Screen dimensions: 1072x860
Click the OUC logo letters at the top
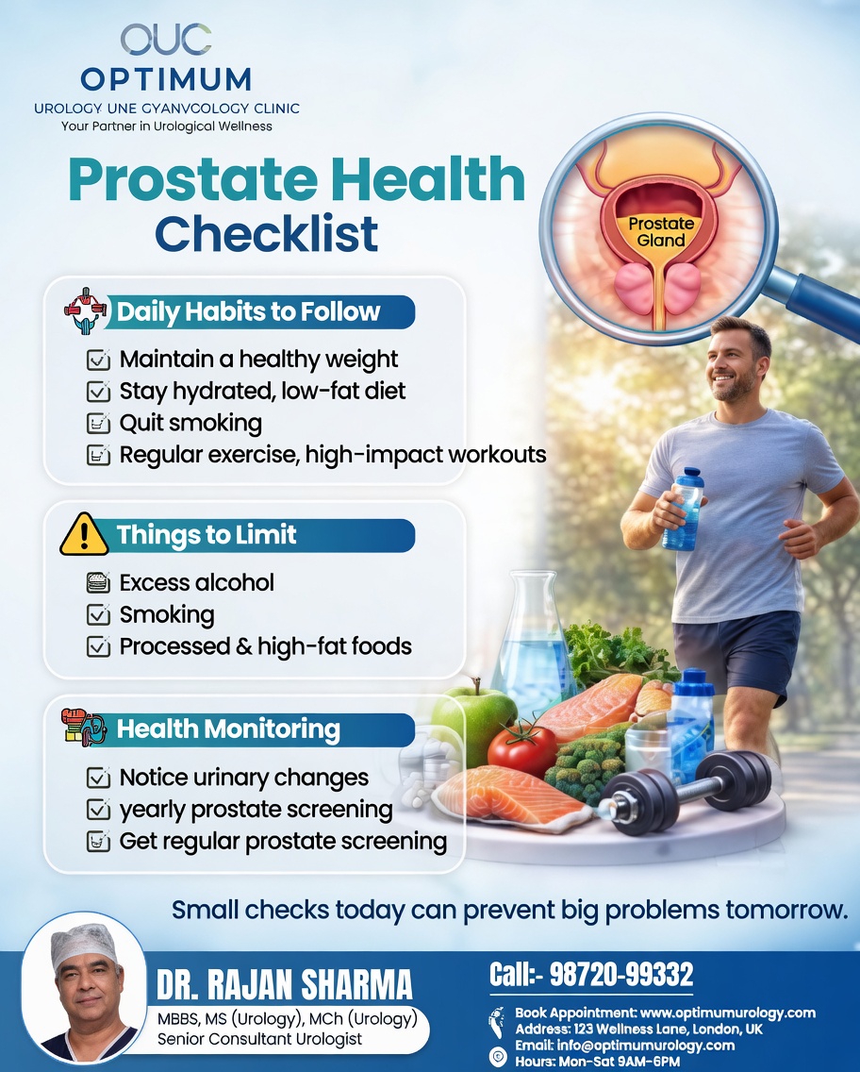point(165,40)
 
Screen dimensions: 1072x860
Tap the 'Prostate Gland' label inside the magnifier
point(660,232)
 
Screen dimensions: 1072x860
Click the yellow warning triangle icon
point(84,535)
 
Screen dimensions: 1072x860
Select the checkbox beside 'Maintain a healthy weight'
point(97,360)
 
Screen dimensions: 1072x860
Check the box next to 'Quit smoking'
point(97,423)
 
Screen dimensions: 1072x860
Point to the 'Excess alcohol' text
point(196,582)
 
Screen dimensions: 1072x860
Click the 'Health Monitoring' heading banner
point(228,729)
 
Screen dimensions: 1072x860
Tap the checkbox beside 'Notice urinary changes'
point(97,778)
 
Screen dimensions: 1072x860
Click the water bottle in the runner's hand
point(683,510)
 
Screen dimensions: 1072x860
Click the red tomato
point(521,749)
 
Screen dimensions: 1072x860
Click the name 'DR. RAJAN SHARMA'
point(284,985)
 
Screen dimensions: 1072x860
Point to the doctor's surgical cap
point(84,943)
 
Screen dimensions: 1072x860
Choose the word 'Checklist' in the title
point(267,233)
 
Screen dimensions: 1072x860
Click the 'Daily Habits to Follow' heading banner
point(248,311)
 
